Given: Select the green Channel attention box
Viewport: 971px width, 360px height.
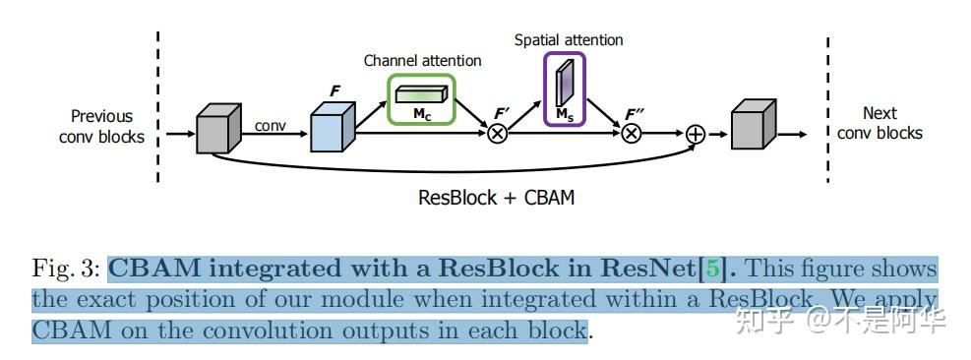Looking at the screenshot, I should (x=422, y=99).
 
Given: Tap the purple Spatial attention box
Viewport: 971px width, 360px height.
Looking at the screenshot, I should (x=565, y=90).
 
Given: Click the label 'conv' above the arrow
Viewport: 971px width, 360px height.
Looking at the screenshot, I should (x=271, y=126).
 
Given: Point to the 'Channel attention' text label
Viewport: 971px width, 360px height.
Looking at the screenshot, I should (x=422, y=61).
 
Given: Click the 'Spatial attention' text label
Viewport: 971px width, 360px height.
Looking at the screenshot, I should (x=569, y=40).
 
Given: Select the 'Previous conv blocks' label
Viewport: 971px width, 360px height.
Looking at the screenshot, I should (x=101, y=126).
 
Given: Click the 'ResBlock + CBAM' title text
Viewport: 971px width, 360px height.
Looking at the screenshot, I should (x=496, y=197).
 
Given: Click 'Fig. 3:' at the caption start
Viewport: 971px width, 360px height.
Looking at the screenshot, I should (x=66, y=269).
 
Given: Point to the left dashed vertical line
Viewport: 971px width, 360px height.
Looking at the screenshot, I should (x=157, y=108).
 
